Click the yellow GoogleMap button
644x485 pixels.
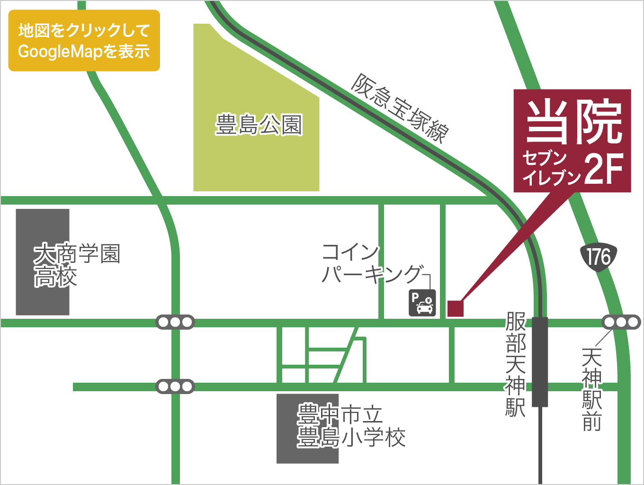(84, 41)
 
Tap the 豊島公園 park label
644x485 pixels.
(259, 125)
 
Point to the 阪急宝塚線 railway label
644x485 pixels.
(399, 108)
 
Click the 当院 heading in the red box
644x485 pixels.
(573, 122)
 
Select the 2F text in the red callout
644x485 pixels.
(603, 169)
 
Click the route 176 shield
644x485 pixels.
(599, 257)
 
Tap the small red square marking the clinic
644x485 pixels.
(455, 308)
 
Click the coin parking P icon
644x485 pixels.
(422, 303)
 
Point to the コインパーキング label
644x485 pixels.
(372, 263)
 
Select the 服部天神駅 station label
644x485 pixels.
(516, 364)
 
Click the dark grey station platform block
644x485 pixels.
(540, 361)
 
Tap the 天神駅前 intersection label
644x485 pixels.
(592, 389)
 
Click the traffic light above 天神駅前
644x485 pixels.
(621, 323)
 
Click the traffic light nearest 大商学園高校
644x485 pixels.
(175, 323)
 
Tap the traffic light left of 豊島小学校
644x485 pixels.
(175, 386)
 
